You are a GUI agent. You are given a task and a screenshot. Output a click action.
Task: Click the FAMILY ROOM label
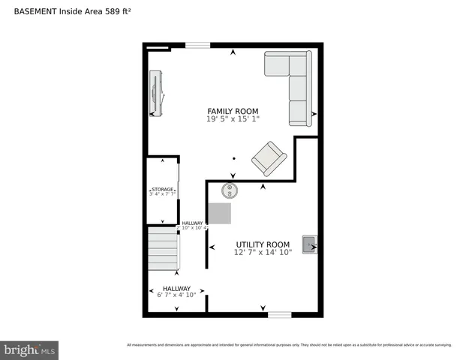point(233,111)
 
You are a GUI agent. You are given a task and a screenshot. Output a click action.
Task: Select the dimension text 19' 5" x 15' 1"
point(233,118)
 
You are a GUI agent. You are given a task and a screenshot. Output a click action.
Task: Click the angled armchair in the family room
point(268,158)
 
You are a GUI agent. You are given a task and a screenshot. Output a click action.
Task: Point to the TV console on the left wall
point(156,94)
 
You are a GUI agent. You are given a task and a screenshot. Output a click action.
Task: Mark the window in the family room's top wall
point(197,46)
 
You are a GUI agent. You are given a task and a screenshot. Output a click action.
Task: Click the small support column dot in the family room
point(234,158)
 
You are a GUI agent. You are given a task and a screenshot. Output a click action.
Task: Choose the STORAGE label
point(162,189)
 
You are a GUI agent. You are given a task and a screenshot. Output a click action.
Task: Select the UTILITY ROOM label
point(263,244)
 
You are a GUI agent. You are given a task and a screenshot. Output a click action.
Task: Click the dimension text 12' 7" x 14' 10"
point(263,253)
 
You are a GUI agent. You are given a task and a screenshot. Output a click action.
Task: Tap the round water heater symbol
point(230,189)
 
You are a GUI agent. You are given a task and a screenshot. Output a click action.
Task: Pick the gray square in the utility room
point(220,214)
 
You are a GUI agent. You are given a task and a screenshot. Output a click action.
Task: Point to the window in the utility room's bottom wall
point(279,314)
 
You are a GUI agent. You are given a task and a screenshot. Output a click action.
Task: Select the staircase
point(163,250)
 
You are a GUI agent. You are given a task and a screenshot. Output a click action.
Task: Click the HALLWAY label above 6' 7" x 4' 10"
point(176,288)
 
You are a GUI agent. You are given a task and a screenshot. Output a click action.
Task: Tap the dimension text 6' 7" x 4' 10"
point(176,295)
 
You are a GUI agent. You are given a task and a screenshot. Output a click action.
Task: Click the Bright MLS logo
point(29,349)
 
